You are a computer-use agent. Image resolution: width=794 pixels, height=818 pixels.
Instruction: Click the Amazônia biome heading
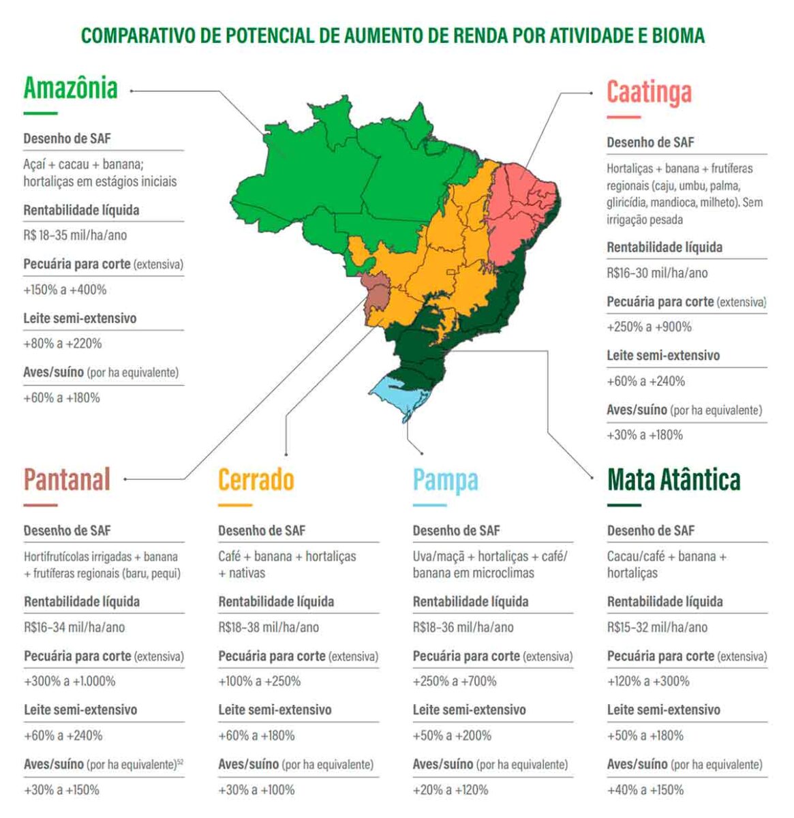pos(71,88)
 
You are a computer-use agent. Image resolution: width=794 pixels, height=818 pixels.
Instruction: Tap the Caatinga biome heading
pos(649,92)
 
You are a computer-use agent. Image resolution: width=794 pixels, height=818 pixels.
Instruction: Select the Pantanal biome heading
pos(67,479)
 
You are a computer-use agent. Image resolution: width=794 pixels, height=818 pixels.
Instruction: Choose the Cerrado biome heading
pos(256,479)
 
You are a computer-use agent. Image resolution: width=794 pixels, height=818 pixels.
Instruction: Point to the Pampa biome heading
pos(445,479)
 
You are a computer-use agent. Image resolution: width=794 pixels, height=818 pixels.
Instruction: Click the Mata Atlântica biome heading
pos(673,479)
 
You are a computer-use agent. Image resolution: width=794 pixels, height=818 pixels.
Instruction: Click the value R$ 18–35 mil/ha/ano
pos(75,235)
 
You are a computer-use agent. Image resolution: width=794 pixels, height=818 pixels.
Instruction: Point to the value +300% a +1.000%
pos(70,681)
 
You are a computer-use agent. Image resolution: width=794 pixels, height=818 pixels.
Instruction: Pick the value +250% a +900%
pos(649,327)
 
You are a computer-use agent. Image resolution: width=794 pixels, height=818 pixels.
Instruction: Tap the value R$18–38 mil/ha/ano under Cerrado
pos(269,627)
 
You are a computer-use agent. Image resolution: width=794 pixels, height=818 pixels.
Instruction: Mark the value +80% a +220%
pos(63,344)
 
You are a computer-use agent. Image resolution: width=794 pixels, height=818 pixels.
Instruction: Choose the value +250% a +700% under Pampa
pos(455,681)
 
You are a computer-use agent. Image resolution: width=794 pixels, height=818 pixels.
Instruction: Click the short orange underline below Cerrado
pos(235,506)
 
